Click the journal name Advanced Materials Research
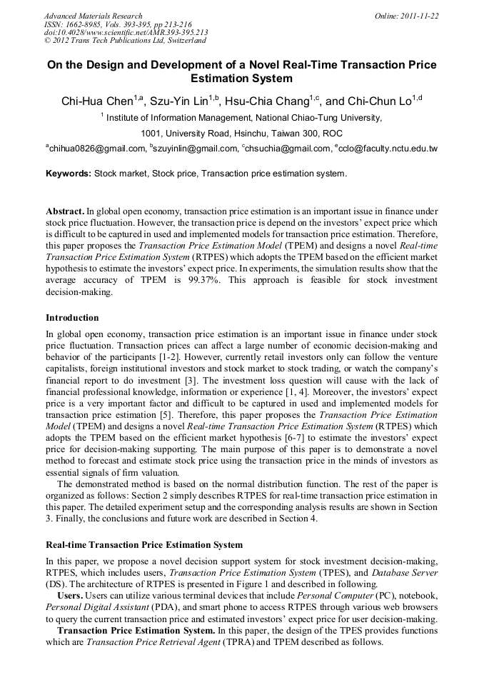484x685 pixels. [93, 16]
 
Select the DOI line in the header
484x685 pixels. [126, 32]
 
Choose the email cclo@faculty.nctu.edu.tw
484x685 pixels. [388, 149]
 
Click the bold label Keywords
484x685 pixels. [69, 174]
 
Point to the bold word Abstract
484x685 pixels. [65, 212]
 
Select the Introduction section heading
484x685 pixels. [72, 318]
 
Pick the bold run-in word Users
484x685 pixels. [70, 596]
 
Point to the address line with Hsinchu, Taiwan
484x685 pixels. [241, 134]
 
